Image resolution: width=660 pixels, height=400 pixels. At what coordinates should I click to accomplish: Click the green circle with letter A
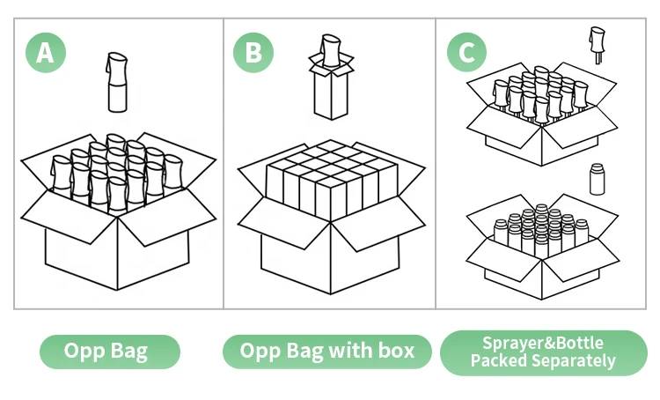(x=45, y=53)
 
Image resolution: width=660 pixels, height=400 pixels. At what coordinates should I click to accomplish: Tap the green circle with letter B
(x=253, y=53)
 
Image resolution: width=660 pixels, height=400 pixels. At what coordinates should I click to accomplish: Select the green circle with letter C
(x=467, y=53)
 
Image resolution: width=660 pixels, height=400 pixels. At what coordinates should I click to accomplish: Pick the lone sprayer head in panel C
(x=597, y=43)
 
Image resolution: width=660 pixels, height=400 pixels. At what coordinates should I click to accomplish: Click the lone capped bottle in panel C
(x=596, y=179)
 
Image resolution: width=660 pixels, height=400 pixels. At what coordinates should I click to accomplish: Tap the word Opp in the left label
(x=84, y=352)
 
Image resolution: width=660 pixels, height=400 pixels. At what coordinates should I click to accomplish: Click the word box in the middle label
(x=399, y=352)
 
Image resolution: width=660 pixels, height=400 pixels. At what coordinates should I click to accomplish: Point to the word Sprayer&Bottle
(x=543, y=344)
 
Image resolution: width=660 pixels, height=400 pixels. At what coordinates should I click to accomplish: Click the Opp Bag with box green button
(x=326, y=352)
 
